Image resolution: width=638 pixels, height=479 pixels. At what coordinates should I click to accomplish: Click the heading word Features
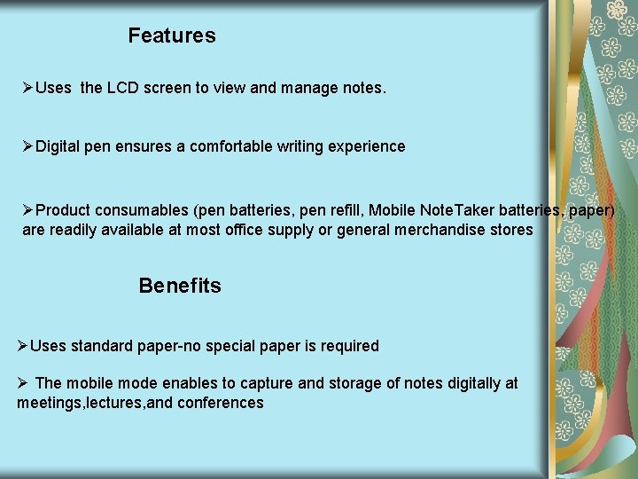[171, 35]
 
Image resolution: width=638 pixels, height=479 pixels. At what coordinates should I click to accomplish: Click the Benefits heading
[180, 286]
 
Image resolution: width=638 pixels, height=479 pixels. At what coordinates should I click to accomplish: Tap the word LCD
[124, 88]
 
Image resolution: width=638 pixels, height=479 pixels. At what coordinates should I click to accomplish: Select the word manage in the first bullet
[306, 88]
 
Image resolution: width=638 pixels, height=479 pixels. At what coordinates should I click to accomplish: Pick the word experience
[367, 146]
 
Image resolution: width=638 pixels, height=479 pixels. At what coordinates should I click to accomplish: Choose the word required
[348, 346]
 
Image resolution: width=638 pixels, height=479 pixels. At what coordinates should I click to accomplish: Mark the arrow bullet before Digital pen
[28, 146]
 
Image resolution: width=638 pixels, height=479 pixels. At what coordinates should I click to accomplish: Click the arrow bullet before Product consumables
[28, 210]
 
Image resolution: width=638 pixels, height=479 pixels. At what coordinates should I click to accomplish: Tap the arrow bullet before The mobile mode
[23, 383]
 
